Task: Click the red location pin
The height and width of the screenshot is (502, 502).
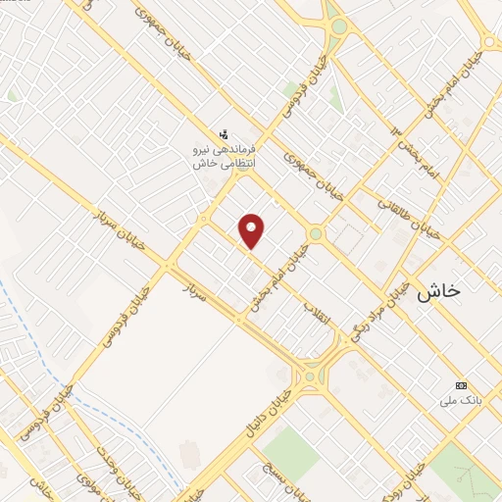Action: (252, 229)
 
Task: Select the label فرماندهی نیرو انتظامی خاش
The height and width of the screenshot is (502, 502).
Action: (223, 156)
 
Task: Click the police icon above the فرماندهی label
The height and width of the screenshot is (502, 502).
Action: (223, 133)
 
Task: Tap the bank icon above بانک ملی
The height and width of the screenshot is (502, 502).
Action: (461, 384)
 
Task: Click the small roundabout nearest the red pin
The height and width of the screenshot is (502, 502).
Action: (316, 233)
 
